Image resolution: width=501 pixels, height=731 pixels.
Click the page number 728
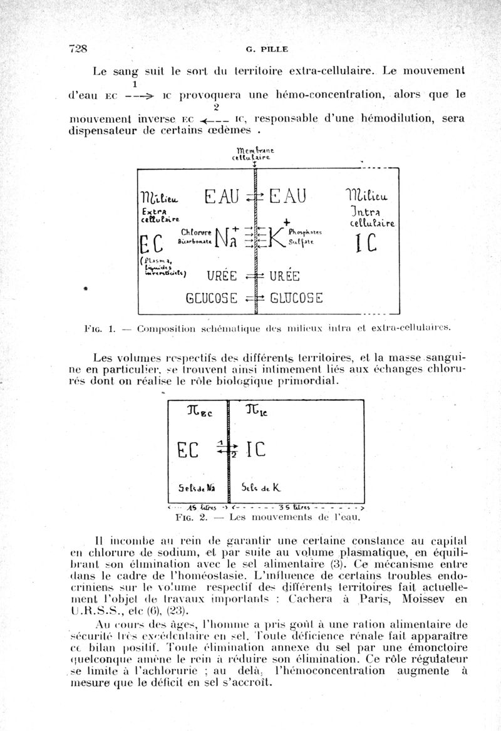point(77,49)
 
